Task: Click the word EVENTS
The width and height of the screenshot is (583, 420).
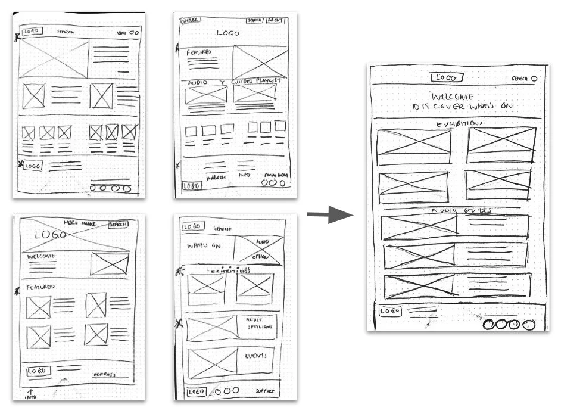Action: pos(255,356)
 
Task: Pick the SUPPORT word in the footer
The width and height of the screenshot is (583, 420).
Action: pos(266,391)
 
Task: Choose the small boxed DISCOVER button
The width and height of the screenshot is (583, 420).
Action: pos(190,20)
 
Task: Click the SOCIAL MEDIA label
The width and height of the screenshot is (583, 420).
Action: pos(276,175)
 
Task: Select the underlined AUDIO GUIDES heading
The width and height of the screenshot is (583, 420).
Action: pos(460,211)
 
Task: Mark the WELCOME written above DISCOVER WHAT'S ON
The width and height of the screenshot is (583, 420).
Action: pos(453,95)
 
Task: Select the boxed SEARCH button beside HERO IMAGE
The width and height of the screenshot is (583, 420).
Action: pos(118,224)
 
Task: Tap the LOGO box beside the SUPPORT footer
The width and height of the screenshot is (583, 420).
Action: pos(196,391)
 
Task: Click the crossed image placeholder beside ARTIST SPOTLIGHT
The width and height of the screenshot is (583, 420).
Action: pos(212,328)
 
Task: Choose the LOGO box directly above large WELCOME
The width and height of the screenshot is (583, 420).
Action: pos(447,77)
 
